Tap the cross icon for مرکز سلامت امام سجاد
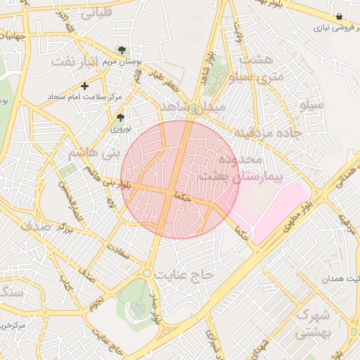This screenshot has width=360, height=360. [x=85, y=86]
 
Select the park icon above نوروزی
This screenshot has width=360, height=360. [x=120, y=117]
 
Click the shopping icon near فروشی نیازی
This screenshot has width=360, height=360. [x=340, y=16]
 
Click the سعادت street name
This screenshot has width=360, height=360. [x=118, y=251]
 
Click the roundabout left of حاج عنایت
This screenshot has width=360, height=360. [x=147, y=273]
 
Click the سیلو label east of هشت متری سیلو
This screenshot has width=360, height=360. [x=311, y=105]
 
